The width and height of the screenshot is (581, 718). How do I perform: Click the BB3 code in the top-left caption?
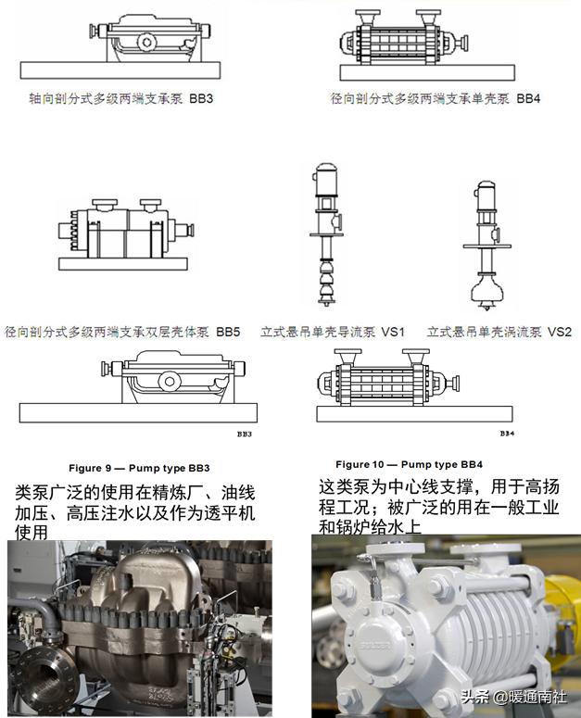[x=199, y=97]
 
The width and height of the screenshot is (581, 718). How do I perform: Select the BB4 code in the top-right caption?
[x=527, y=97]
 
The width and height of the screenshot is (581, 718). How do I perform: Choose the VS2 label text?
[x=559, y=331]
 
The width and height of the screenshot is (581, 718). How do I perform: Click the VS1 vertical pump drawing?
[x=325, y=236]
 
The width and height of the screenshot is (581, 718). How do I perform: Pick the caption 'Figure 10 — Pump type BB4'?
[x=409, y=463]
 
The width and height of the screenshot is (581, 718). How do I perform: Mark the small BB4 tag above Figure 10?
[x=506, y=433]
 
